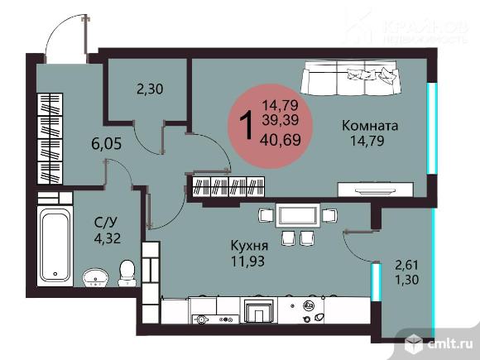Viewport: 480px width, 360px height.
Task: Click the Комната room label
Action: [370, 127]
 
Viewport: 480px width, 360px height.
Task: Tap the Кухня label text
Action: [249, 246]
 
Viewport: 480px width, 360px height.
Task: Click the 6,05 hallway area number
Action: [107, 143]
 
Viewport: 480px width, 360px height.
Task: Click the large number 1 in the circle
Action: [246, 127]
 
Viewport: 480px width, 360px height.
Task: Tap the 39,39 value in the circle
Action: [280, 120]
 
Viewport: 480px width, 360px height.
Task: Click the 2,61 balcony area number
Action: [405, 265]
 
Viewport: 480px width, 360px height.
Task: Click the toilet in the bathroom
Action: [127, 271]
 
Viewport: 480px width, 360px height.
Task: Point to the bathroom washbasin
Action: [95, 276]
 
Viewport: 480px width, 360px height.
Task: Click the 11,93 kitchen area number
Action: [248, 262]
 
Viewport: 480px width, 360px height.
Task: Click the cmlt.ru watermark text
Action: [449, 343]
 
